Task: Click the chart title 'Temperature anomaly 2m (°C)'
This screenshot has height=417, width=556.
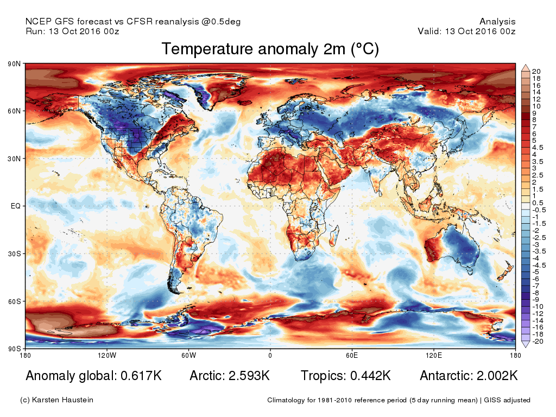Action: coord(270,49)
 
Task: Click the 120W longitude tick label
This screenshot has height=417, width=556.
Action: coord(107,356)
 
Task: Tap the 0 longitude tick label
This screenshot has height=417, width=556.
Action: coord(270,356)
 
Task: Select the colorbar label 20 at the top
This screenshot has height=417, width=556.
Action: coord(536,72)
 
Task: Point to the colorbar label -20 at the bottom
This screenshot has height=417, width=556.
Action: coord(538,342)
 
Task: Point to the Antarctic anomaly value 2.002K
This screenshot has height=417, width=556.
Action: coord(494,376)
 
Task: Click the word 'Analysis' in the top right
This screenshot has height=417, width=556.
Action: coord(497,22)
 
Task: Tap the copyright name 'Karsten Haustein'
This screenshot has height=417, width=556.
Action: coord(65,400)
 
